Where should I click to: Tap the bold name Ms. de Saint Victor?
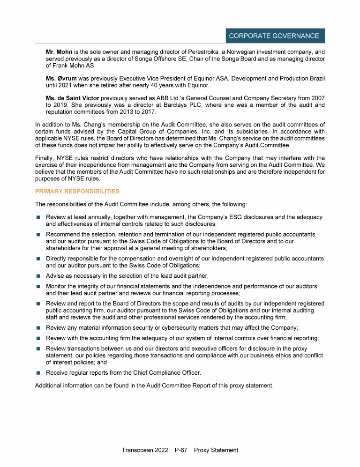(72, 97)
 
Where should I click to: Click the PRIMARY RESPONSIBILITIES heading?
(77, 191)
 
